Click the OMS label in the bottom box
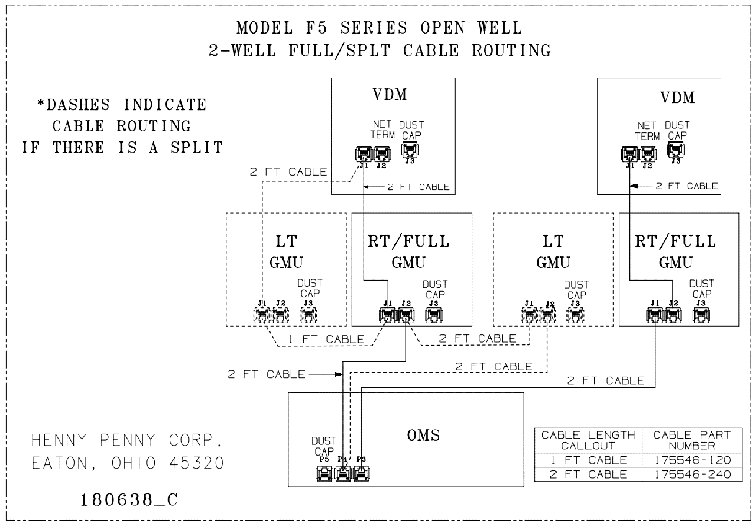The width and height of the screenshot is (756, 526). [x=423, y=435]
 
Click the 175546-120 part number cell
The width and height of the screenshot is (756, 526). [x=693, y=460]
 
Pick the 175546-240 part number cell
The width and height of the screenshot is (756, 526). [x=693, y=474]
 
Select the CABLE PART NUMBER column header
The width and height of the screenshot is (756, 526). [x=692, y=440]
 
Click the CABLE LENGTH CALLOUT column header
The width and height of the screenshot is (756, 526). [x=588, y=440]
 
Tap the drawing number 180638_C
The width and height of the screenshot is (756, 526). [x=129, y=500]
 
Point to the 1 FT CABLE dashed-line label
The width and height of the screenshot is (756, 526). [x=326, y=339]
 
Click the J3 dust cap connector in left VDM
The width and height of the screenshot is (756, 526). [x=410, y=150]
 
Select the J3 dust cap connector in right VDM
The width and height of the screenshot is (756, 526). [x=676, y=150]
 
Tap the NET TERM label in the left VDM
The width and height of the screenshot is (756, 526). [x=382, y=129]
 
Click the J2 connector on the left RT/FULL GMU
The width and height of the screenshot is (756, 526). [x=406, y=315]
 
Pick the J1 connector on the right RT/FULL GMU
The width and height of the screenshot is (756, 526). [x=655, y=315]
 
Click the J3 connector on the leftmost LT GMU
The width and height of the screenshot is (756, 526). [x=308, y=315]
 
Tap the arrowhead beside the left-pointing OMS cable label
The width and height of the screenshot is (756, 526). [x=339, y=374]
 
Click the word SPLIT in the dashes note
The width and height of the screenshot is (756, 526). [x=196, y=147]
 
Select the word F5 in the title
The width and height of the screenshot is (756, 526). [x=316, y=28]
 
